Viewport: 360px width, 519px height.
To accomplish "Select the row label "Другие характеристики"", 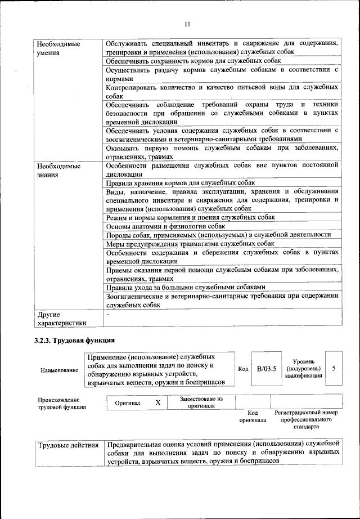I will [61, 319].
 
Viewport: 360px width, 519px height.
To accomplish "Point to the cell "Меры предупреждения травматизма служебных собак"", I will [190, 244].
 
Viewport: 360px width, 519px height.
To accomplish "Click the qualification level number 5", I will [334, 368].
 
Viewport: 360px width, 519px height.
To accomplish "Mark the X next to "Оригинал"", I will [158, 403].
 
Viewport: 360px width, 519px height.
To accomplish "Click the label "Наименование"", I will [59, 370].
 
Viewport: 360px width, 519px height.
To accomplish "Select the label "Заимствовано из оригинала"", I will [201, 402].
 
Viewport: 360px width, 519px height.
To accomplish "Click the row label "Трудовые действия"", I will [69, 446].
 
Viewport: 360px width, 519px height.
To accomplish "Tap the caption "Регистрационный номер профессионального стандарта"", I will [307, 420].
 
